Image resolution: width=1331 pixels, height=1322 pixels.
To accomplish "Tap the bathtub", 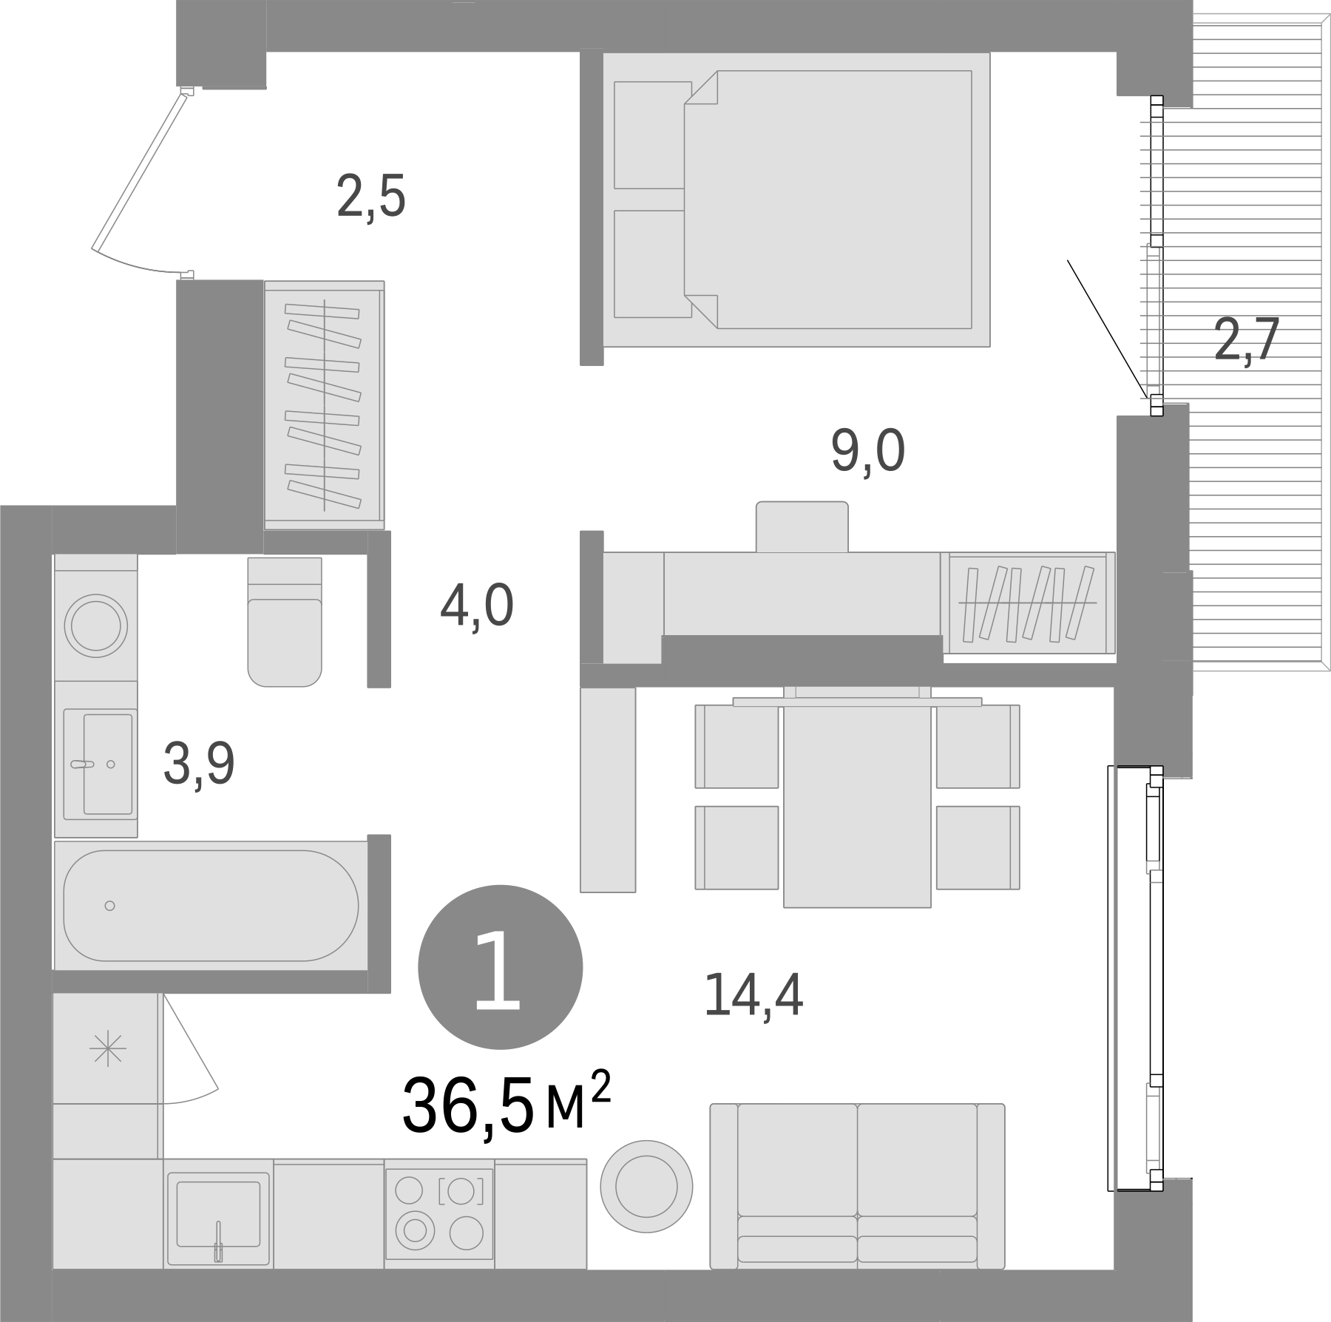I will tap(211, 905).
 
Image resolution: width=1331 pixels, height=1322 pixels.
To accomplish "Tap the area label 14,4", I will tap(754, 995).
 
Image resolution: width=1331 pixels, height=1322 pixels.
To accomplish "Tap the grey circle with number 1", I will tap(500, 967).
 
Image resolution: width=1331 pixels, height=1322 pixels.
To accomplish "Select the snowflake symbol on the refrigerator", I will tap(108, 1049).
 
